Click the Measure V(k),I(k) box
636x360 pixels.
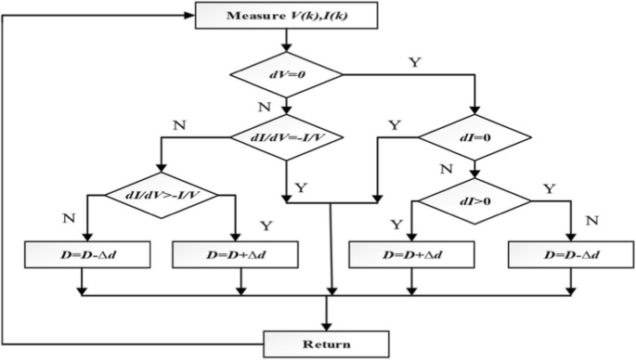(289, 15)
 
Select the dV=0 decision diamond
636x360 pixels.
(289, 72)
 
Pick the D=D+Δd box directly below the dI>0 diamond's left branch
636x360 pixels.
(407, 253)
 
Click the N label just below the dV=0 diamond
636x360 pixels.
(264, 107)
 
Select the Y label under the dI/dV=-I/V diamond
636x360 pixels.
(301, 186)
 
